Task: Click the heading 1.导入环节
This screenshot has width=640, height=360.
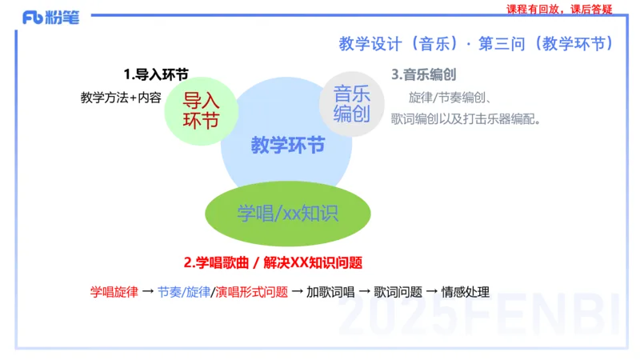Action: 156,74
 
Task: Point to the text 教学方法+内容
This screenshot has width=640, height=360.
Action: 121,98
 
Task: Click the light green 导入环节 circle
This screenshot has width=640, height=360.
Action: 202,110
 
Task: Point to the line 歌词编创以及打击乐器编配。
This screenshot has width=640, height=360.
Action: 467,119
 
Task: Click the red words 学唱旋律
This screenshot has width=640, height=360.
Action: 113,292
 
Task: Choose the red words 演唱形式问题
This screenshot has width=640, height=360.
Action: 251,292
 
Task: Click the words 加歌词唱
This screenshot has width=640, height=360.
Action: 329,292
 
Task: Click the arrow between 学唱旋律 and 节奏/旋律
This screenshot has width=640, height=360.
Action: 147,292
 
